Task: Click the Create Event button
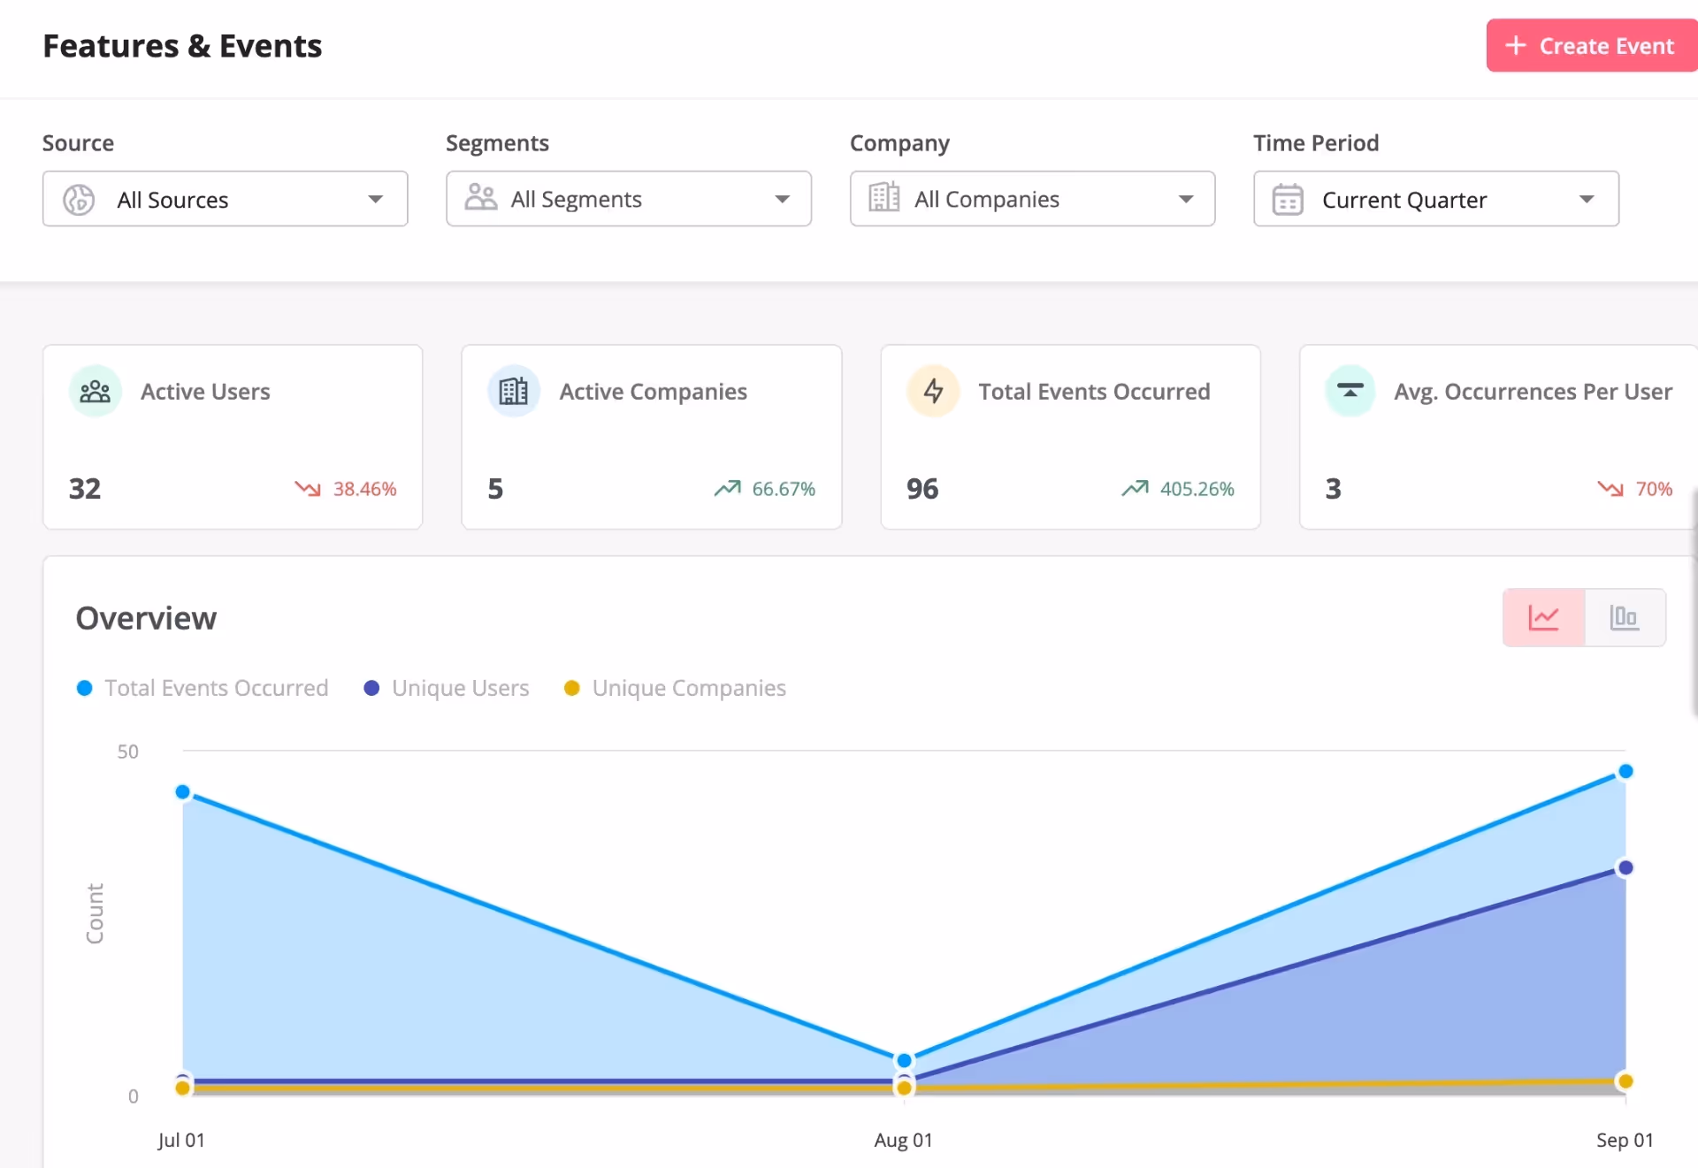1590,46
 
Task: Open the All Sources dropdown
225,200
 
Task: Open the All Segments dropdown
628,200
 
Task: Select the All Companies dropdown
1032,200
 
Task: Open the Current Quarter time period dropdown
1435,200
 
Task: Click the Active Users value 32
85,489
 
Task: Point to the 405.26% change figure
1196,489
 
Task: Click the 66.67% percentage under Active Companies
783,489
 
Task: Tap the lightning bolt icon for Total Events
933,391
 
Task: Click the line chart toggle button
1543,617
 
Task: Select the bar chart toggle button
1625,617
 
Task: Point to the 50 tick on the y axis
127,752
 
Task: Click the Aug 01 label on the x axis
903,1140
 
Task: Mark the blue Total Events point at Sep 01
1625,772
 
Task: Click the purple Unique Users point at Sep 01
1625,868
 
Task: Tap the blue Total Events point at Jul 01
183,792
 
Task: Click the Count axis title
95,913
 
